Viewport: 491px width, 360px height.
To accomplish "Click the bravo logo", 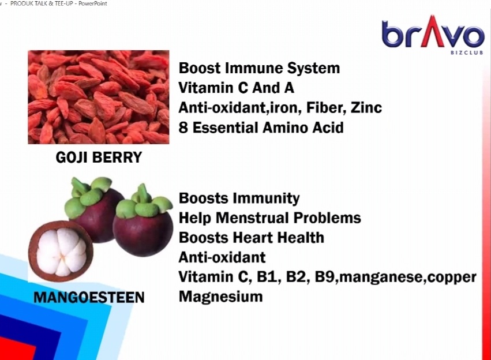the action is coord(433,35).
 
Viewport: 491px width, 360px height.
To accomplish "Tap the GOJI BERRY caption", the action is coord(99,157).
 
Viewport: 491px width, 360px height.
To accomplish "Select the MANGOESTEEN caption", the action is coord(89,297).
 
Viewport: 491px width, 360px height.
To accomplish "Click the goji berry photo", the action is coord(99,97).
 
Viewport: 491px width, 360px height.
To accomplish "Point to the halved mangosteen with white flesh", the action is coord(61,251).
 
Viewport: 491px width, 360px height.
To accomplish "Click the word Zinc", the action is coord(366,108).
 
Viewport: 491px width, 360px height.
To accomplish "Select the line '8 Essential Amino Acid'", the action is coord(261,127).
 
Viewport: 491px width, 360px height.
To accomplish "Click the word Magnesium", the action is coord(221,297).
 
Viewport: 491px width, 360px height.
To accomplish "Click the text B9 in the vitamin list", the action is coord(325,277).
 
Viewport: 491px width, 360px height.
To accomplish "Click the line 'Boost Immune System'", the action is coord(259,68).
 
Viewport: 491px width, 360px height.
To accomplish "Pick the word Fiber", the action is coord(326,108).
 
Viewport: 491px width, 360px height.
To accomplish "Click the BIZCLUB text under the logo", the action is coord(467,52).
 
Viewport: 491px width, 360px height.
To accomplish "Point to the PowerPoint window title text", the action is coord(58,3).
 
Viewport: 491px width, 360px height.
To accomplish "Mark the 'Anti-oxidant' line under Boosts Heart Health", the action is coord(222,257).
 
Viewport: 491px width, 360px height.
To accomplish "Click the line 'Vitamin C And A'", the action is coord(237,88).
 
